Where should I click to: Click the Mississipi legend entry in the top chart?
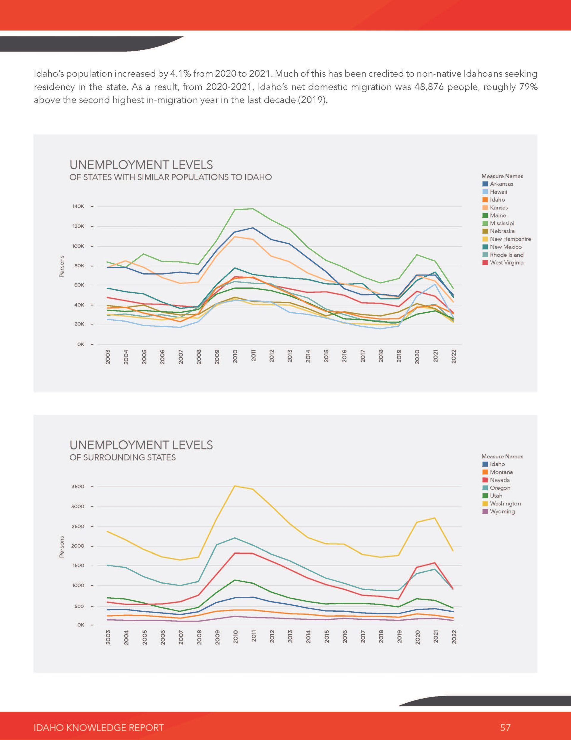click(498, 223)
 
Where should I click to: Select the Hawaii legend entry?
click(495, 192)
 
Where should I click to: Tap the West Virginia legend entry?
click(503, 263)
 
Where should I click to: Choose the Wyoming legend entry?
click(498, 511)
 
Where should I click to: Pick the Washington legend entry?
click(502, 504)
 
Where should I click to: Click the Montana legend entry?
click(498, 472)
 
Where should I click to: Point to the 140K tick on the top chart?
click(78, 206)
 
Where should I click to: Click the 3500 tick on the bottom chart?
click(78, 487)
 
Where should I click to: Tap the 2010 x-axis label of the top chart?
click(235, 356)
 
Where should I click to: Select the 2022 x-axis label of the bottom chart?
click(454, 637)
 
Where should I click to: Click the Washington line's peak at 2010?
click(235, 486)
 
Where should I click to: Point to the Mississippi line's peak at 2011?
click(253, 209)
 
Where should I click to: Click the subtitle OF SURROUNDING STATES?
click(123, 457)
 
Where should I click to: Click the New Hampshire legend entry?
click(507, 239)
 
